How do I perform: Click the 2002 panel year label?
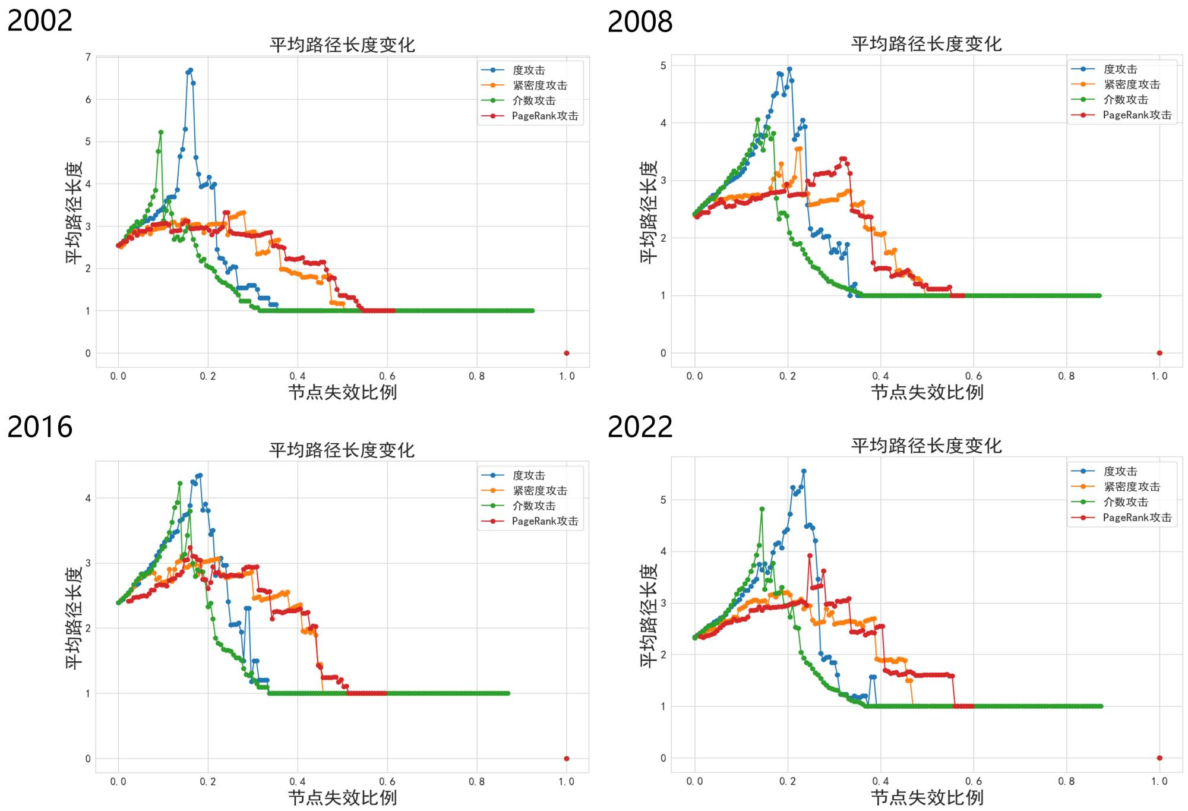click(x=40, y=21)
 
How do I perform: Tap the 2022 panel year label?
click(x=640, y=427)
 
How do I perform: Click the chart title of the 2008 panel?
click(x=926, y=44)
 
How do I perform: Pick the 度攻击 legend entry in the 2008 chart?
click(x=1120, y=70)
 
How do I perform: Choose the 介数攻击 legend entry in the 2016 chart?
click(x=533, y=506)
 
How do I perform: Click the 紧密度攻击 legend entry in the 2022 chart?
click(x=1131, y=487)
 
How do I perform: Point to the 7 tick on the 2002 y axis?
click(x=88, y=57)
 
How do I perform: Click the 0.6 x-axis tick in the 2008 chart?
click(x=974, y=376)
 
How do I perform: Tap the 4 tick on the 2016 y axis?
click(x=88, y=498)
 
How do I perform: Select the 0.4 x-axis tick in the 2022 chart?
click(x=880, y=781)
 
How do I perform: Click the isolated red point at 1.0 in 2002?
click(x=566, y=353)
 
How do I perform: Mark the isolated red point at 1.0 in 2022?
click(x=1159, y=758)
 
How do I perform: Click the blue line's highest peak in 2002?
click(x=190, y=70)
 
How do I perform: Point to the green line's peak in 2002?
click(x=161, y=132)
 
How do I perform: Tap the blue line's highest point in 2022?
click(x=804, y=471)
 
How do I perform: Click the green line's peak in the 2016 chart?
click(x=180, y=484)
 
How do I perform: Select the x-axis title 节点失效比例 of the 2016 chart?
click(x=342, y=797)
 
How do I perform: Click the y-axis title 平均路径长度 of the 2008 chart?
click(x=648, y=212)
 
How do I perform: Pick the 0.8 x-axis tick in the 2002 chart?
click(x=476, y=376)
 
